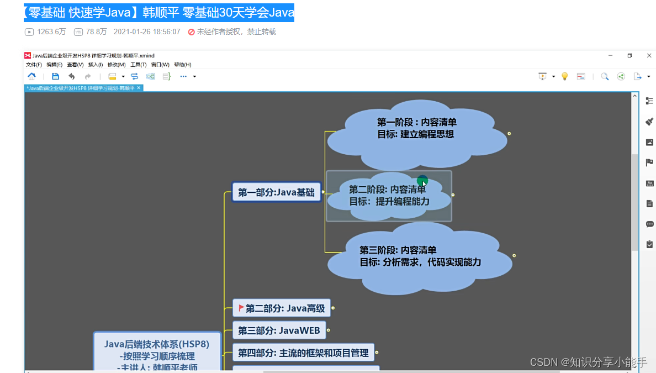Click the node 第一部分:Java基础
point(276,192)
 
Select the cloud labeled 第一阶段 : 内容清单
point(417,128)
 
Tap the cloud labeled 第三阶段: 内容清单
point(420,256)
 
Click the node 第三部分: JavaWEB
point(279,330)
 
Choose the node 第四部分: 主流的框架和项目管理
point(303,353)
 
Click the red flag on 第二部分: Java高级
point(241,307)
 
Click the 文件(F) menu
point(34,65)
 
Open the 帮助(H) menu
point(183,65)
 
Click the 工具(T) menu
point(139,65)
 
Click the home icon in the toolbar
point(31,76)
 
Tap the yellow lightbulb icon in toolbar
point(564,76)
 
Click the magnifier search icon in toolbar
point(605,76)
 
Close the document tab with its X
point(139,88)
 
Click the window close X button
point(649,55)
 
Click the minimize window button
point(610,55)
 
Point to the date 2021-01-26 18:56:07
point(147,32)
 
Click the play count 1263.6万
point(51,32)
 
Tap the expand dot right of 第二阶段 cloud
point(453,195)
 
